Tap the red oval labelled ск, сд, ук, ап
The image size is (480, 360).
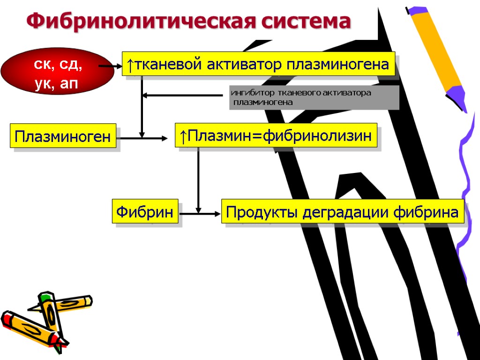tap(57, 71)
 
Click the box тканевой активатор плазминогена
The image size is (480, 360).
tap(258, 64)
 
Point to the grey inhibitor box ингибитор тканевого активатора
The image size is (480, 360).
tap(314, 97)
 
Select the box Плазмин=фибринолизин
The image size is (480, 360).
tap(276, 136)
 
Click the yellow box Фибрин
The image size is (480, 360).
tap(145, 212)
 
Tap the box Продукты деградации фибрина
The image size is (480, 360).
tap(342, 212)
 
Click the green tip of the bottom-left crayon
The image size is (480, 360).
tap(45, 296)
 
